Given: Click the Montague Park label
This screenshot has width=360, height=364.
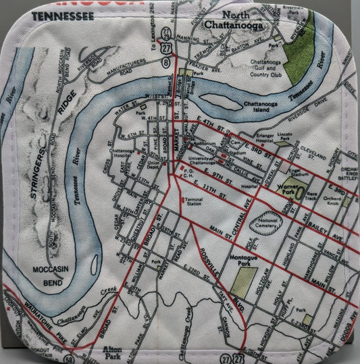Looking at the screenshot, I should tap(240, 257).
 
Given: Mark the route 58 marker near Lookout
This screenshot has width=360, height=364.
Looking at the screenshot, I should tap(69, 353).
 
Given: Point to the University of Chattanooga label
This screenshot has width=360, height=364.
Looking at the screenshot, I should tap(200, 160).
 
